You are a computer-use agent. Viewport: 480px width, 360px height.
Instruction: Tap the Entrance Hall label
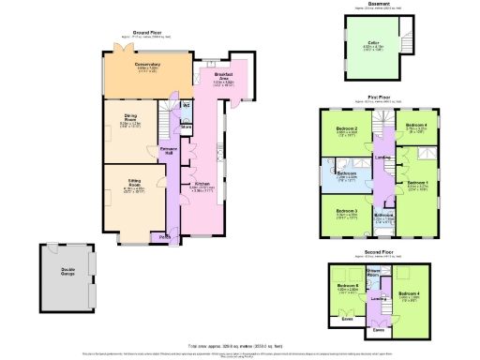pyautogui.click(x=169, y=150)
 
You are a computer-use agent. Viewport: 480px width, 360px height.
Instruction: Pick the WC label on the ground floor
pyautogui.click(x=186, y=106)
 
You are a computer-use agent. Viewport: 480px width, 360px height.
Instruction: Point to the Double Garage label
pyautogui.click(x=63, y=272)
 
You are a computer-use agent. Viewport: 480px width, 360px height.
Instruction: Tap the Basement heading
pyautogui.click(x=379, y=4)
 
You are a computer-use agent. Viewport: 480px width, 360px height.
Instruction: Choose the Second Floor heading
pyautogui.click(x=379, y=250)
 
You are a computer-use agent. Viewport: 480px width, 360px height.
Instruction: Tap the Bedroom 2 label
pyautogui.click(x=348, y=128)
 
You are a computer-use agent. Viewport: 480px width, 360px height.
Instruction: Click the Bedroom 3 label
pyautogui.click(x=348, y=210)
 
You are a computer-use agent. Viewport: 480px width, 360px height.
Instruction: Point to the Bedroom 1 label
pyautogui.click(x=417, y=182)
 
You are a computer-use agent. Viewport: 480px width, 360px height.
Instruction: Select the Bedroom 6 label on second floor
pyautogui.click(x=348, y=286)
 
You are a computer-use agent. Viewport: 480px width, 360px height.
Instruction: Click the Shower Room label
pyautogui.click(x=373, y=272)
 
